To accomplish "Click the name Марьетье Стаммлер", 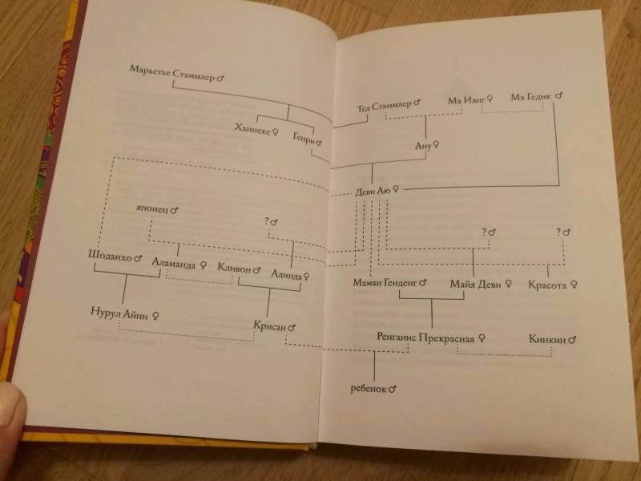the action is coord(172,73).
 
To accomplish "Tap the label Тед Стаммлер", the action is coord(384,106).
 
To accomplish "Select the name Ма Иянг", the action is coord(466,99).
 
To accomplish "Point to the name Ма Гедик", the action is coord(531,97).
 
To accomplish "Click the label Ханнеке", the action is coord(252,129).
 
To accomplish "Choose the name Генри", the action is coord(304,139).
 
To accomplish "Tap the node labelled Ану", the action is coord(424,146).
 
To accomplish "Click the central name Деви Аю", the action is coord(373,191).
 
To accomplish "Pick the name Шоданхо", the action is coord(110,256).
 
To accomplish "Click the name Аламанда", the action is coord(174,263).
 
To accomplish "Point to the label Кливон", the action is coord(234,269).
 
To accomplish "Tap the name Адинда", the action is coord(287,274).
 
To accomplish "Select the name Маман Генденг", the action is coord(385,282).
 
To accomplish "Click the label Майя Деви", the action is coord(475,284).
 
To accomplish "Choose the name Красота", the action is coord(547,285).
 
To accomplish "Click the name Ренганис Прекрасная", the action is coord(425,338).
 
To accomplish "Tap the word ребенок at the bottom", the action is coord(369,389).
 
